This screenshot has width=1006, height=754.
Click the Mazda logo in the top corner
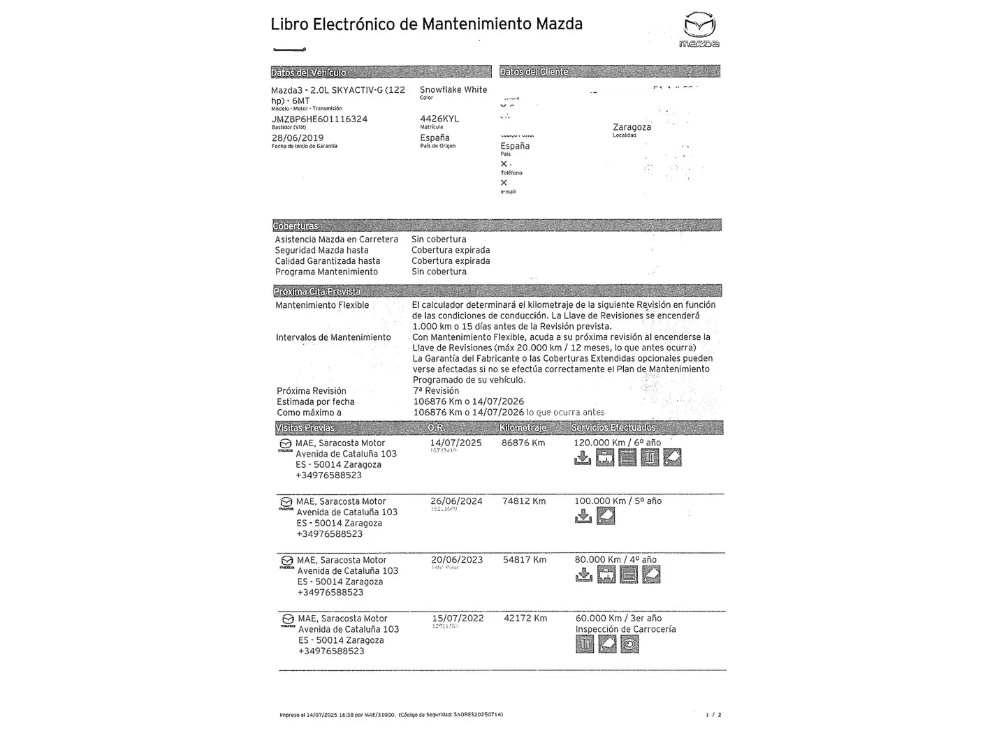click(x=699, y=29)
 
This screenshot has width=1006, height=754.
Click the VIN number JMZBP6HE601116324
click(x=319, y=119)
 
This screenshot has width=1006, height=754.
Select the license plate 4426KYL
click(x=439, y=119)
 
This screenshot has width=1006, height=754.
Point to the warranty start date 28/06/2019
click(x=298, y=138)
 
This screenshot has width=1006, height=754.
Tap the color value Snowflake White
click(x=453, y=90)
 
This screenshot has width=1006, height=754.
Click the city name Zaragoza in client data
click(x=632, y=127)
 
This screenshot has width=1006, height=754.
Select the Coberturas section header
click(x=296, y=226)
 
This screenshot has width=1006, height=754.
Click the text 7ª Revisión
click(x=436, y=391)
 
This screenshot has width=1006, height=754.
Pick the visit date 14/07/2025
click(x=455, y=443)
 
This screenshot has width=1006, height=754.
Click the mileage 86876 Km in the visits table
click(x=523, y=443)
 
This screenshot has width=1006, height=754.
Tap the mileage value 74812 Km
click(x=524, y=501)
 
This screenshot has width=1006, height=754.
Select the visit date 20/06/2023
click(x=457, y=560)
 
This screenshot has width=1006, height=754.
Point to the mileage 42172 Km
click(x=525, y=619)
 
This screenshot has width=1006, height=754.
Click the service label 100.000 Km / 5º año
click(x=618, y=501)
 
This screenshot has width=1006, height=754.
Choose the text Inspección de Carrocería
click(x=625, y=629)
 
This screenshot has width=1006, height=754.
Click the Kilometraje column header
click(x=523, y=428)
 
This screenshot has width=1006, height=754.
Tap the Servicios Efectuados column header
click(x=613, y=428)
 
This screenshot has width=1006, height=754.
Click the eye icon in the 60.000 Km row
click(x=629, y=644)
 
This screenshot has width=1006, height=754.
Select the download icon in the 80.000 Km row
click(x=583, y=575)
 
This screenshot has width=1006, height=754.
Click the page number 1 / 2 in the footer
click(x=713, y=715)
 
